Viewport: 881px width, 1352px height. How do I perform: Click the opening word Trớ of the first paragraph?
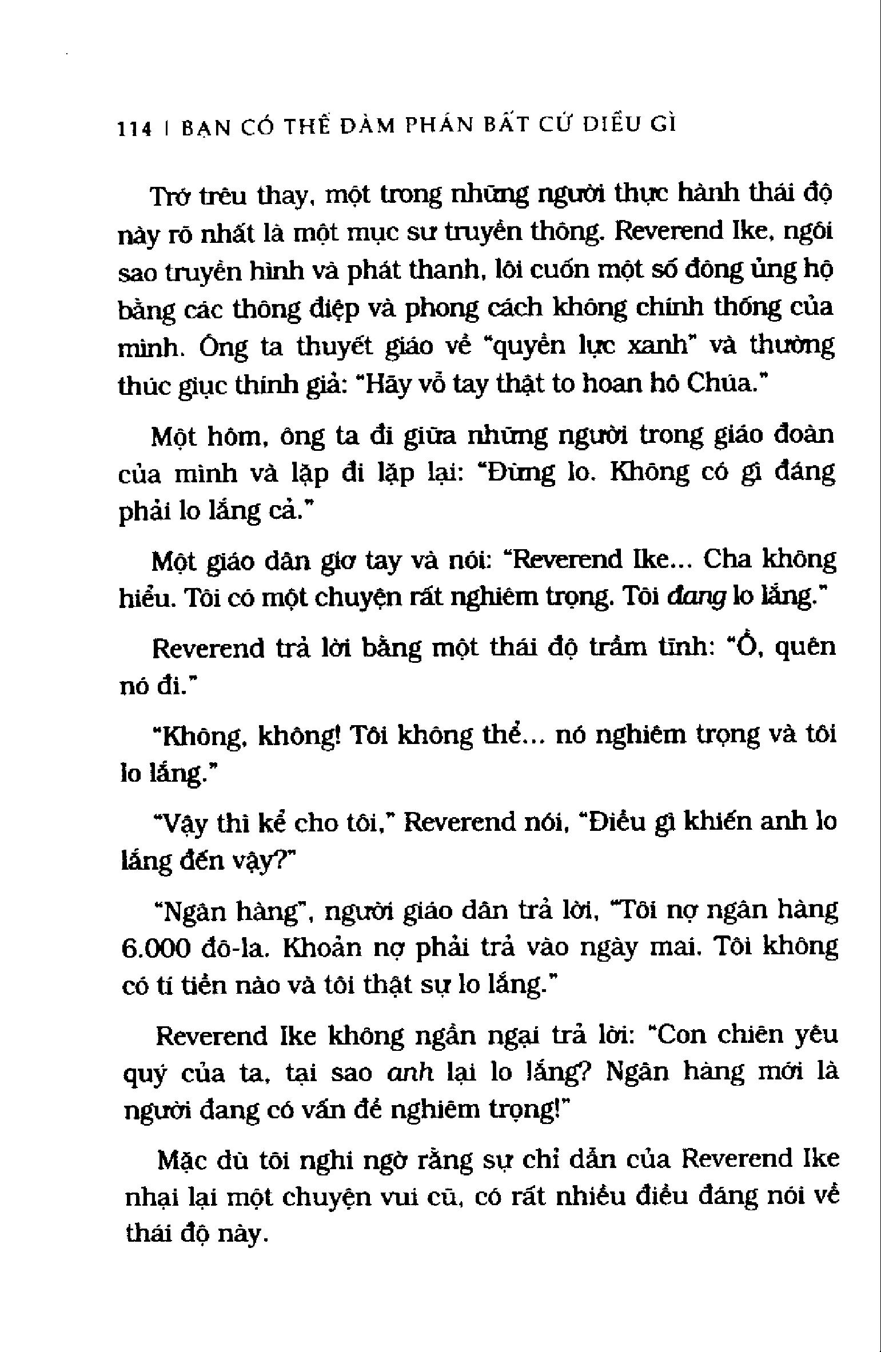click(x=170, y=197)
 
